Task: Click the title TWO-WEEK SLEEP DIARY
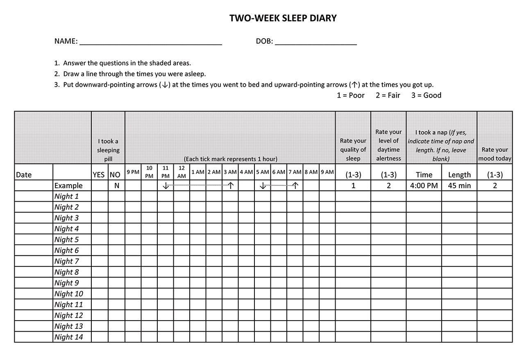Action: tap(283, 18)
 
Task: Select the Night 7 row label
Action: tap(66, 261)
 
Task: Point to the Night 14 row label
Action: tap(68, 337)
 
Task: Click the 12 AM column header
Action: tap(182, 172)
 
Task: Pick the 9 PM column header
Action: tap(133, 172)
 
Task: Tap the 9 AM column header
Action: tap(327, 172)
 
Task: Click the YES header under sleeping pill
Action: tap(99, 175)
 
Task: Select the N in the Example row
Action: tap(117, 186)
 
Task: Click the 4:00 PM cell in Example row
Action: tap(424, 186)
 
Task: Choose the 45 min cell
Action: tap(459, 186)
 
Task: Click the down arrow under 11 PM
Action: tap(166, 186)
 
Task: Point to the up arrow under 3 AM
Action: tap(231, 186)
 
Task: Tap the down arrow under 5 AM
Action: tap(263, 186)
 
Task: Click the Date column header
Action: tap(24, 175)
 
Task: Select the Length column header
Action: tap(459, 175)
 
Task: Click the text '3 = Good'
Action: tap(426, 95)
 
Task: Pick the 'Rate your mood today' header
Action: tap(495, 154)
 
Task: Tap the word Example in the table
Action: tap(68, 186)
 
